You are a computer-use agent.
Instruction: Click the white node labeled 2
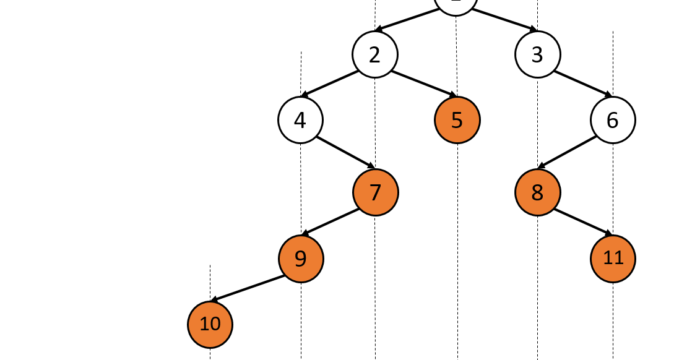tap(375, 54)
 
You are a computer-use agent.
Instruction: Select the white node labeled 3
tap(537, 54)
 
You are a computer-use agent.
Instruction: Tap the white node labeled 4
tap(300, 120)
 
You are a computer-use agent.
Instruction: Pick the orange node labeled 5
tap(457, 120)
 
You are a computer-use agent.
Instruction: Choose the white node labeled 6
tap(613, 120)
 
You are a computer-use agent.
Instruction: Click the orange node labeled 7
tap(376, 192)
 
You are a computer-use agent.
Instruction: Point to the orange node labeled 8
tap(537, 192)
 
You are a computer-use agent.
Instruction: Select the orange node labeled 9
tap(301, 258)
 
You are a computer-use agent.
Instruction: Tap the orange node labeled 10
tap(210, 324)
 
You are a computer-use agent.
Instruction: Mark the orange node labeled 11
tap(613, 258)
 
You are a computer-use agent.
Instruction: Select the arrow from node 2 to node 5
tap(424, 84)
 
